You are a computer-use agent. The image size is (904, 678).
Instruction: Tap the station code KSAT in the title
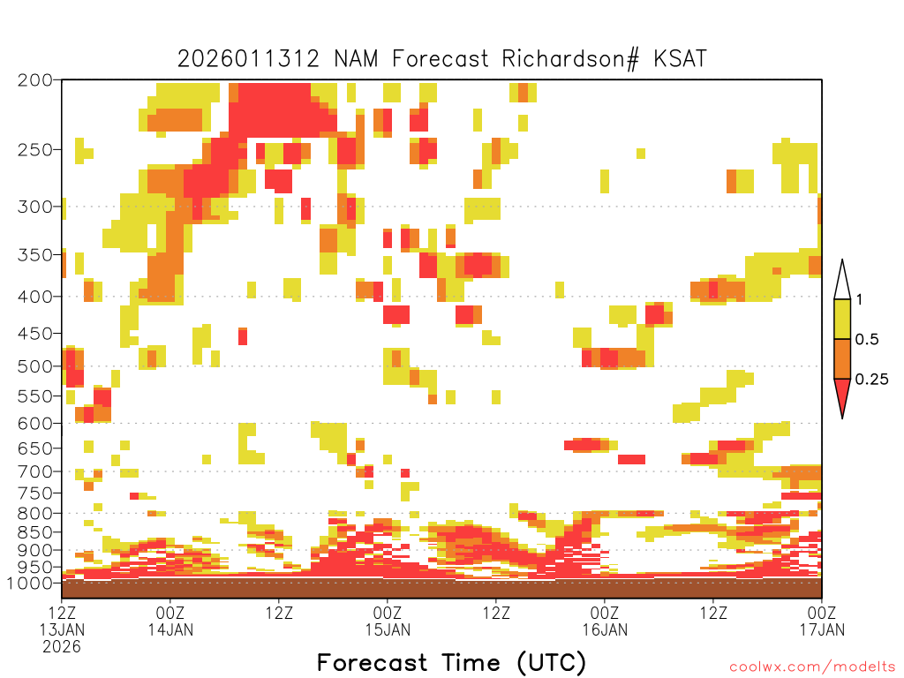pyautogui.click(x=680, y=59)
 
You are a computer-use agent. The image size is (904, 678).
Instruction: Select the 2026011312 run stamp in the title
pyautogui.click(x=248, y=59)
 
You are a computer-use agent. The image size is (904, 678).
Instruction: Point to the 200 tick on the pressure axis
pyautogui.click(x=35, y=80)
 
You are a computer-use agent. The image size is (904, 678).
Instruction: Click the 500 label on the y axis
pyautogui.click(x=35, y=366)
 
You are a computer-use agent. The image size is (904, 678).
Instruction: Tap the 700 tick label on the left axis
pyautogui.click(x=35, y=472)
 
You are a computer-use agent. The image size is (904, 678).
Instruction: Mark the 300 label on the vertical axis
pyautogui.click(x=35, y=207)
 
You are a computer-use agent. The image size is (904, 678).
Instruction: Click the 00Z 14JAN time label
pyautogui.click(x=170, y=621)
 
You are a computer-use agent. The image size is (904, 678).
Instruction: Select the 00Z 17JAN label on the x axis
pyautogui.click(x=822, y=621)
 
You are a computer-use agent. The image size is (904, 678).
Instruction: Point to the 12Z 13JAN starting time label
pyautogui.click(x=62, y=629)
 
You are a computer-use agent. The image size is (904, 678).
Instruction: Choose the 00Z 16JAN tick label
pyautogui.click(x=605, y=621)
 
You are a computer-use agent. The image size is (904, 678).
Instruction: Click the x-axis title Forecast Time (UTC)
pyautogui.click(x=451, y=662)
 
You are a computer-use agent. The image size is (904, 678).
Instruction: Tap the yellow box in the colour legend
pyautogui.click(x=842, y=319)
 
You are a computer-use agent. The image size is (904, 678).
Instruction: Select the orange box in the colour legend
pyautogui.click(x=842, y=358)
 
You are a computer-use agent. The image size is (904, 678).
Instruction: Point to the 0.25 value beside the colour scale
pyautogui.click(x=871, y=380)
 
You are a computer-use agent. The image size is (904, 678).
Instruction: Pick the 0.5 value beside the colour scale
pyautogui.click(x=867, y=340)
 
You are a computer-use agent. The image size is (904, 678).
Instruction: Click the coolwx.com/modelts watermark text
pyautogui.click(x=813, y=667)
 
